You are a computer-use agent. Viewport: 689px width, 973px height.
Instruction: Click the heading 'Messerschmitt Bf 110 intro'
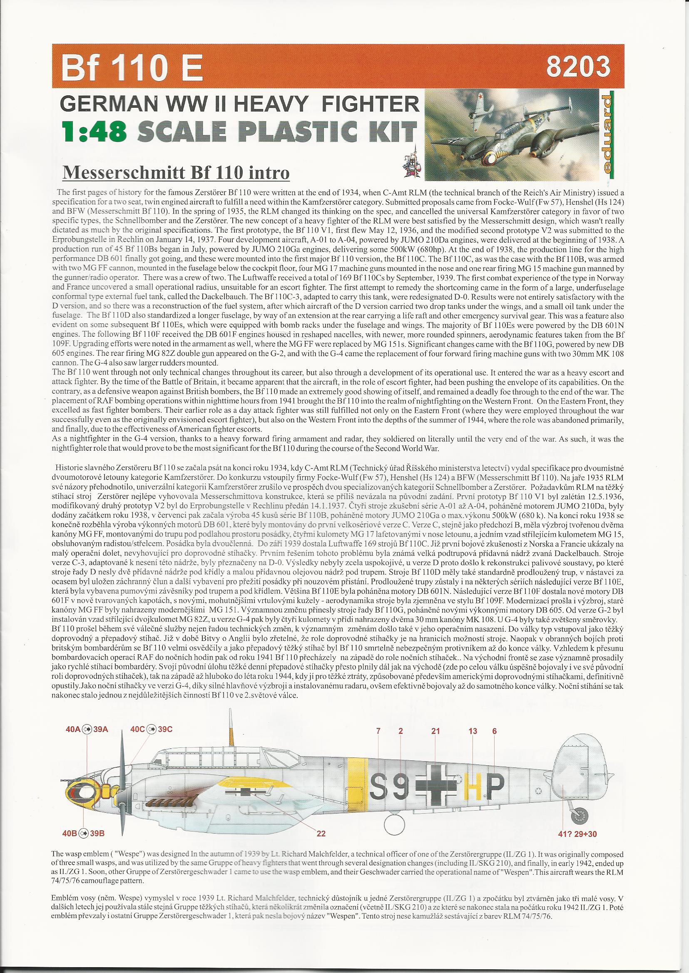click(x=176, y=173)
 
